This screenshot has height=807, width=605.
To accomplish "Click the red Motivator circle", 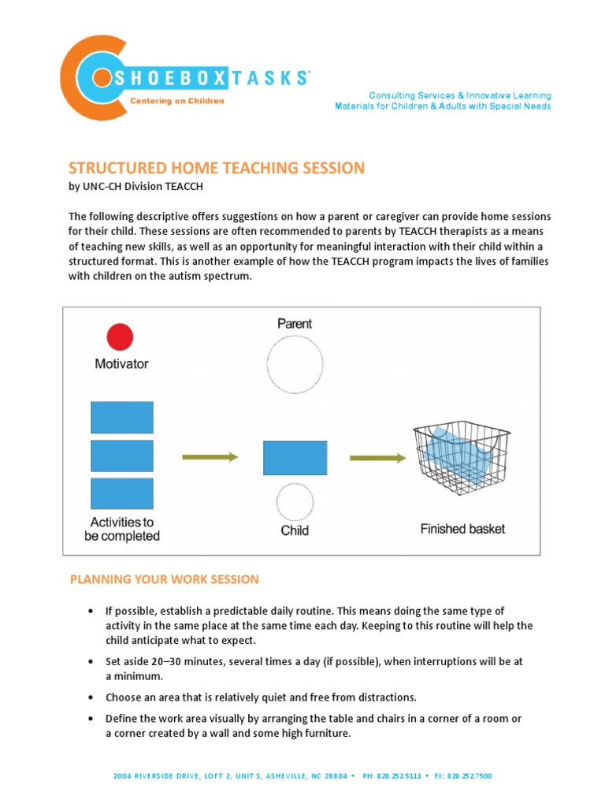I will [120, 337].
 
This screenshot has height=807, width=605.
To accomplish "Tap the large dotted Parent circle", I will [295, 365].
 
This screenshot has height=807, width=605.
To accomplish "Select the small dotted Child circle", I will [295, 502].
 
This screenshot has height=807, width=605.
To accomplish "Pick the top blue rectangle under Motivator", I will [122, 417].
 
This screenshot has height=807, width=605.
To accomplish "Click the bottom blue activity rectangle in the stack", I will [122, 493].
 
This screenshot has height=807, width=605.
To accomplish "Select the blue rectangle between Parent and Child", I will [295, 458].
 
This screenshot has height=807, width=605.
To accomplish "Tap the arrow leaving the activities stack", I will [210, 456].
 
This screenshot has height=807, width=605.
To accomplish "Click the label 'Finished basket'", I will [462, 529].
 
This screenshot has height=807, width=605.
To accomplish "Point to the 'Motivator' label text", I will [121, 364].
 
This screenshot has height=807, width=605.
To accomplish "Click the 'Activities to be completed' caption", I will [122, 529].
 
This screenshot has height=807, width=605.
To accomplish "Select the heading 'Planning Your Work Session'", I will [164, 579].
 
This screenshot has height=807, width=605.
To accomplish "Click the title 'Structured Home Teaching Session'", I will [217, 168].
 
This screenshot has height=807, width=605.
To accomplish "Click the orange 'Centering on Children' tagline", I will [176, 101].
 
